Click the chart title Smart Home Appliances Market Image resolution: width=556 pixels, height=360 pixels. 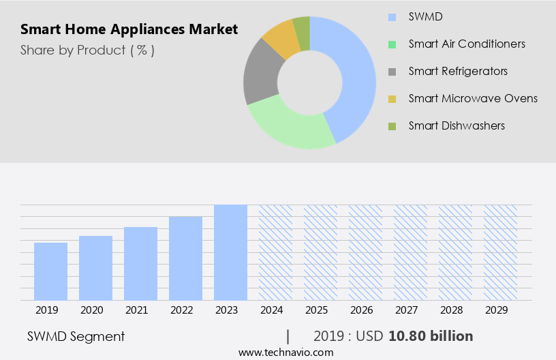point(129,29)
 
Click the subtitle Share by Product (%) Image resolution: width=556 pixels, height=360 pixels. point(87,50)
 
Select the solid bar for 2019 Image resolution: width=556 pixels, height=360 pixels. point(50,271)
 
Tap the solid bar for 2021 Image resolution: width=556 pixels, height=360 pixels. point(140,263)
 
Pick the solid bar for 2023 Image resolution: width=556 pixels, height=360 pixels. point(230,252)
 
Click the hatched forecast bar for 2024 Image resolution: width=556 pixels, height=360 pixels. point(275,252)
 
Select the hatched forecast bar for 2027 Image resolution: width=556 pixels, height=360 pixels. point(410,252)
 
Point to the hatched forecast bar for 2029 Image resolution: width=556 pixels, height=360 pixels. point(500,252)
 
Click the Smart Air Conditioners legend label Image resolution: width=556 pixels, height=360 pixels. point(467,44)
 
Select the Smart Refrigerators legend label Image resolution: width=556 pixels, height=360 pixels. point(458,71)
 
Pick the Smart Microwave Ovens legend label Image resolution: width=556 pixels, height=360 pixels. point(473,98)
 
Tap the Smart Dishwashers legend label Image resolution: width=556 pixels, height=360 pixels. point(457,125)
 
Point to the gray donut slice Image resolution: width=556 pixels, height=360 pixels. point(262,75)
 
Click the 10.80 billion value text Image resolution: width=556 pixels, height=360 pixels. point(430,336)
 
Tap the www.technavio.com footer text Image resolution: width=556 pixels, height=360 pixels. point(286,352)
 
